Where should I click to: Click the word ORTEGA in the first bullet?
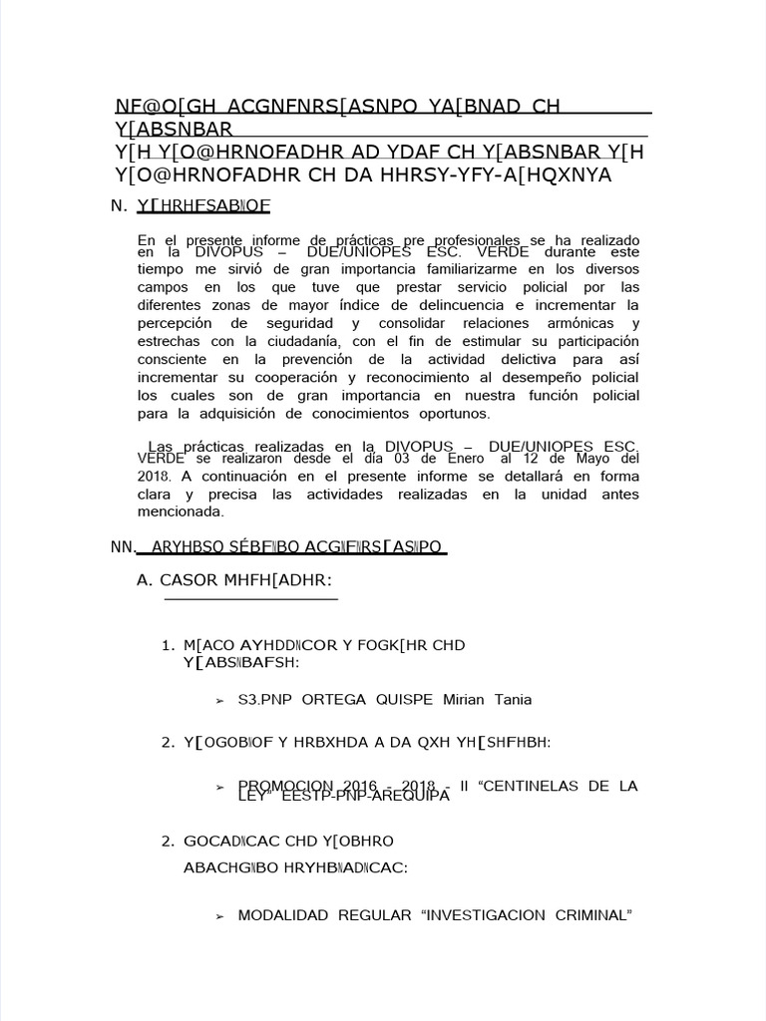[330, 700]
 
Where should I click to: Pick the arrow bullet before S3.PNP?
[219, 701]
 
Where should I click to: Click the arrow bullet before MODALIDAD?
[219, 916]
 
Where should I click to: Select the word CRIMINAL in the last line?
[594, 915]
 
